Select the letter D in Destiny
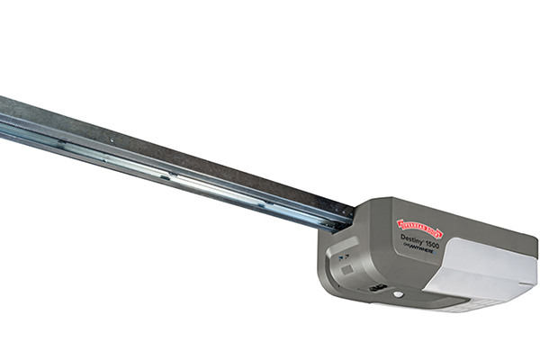(x=402, y=238)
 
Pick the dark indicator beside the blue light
(x=340, y=256)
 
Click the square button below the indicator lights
(x=346, y=268)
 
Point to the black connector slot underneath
(x=379, y=290)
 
